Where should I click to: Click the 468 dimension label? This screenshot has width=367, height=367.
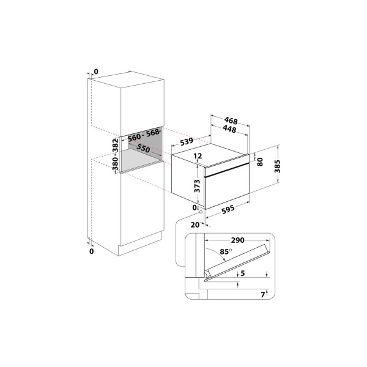(231, 120)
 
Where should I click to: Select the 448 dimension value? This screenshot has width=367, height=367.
(229, 128)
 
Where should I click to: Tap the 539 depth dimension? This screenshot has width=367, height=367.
(187, 141)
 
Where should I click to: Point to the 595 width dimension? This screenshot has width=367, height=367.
(228, 209)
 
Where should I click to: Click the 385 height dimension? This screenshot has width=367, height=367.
(277, 166)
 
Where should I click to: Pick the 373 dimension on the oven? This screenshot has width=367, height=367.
(198, 186)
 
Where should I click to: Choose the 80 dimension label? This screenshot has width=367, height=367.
(260, 162)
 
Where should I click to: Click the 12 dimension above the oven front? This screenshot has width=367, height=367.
(198, 156)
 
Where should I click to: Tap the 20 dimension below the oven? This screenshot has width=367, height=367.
(195, 225)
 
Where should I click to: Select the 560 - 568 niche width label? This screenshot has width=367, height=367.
(144, 135)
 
